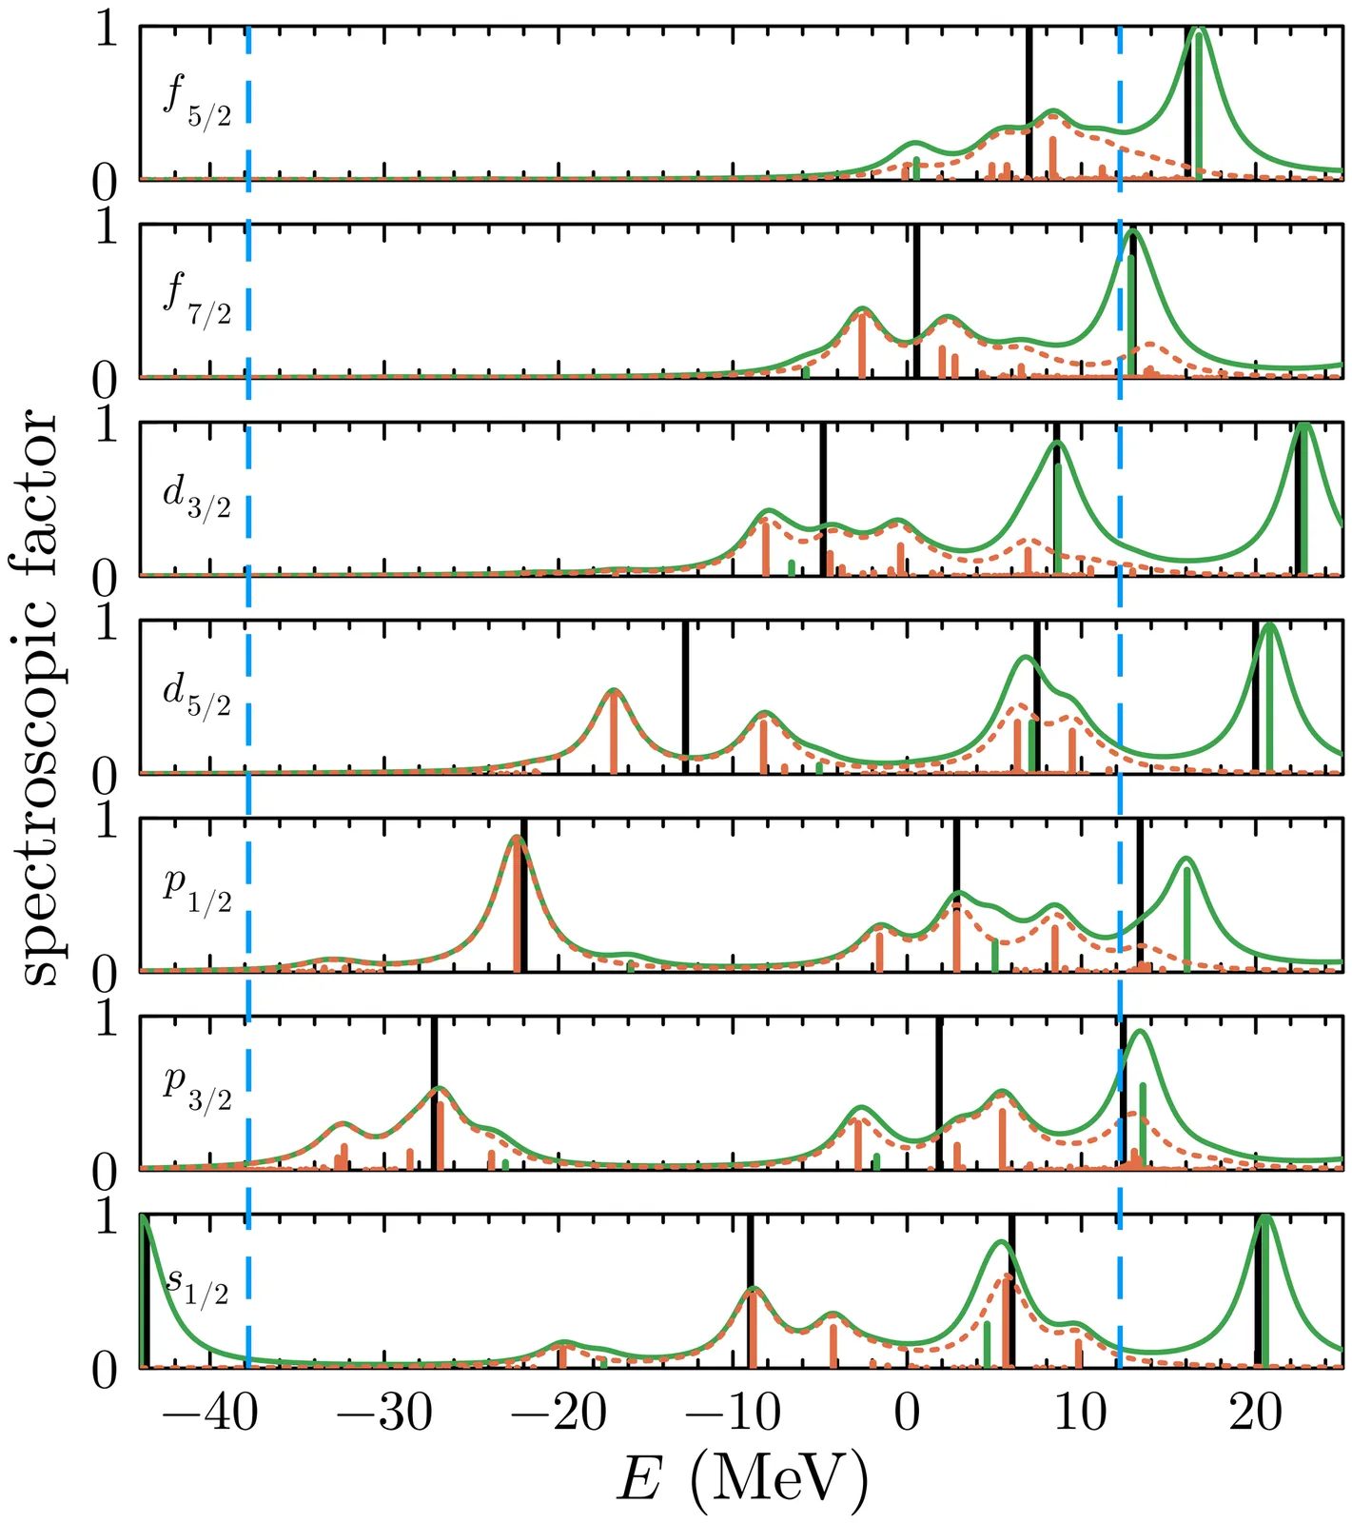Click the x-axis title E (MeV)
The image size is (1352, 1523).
(x=743, y=1480)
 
